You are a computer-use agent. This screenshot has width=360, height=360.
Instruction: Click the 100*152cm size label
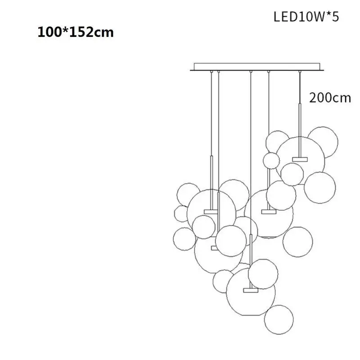click(75, 32)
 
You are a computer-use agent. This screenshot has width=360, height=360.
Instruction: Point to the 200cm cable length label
click(330, 98)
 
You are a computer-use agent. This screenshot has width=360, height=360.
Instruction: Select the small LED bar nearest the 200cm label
click(299, 158)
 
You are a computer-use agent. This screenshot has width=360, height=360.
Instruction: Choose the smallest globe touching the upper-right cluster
click(271, 160)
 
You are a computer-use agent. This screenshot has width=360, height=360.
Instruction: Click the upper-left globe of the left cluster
click(188, 194)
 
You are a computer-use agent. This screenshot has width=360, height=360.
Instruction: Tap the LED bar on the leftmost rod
click(211, 211)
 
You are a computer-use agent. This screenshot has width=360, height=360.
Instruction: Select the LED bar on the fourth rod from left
click(269, 211)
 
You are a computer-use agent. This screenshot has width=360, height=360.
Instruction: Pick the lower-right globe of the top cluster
click(319, 187)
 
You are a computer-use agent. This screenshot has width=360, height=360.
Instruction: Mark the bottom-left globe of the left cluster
click(184, 238)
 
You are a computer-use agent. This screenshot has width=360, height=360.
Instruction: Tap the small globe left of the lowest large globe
click(223, 281)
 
